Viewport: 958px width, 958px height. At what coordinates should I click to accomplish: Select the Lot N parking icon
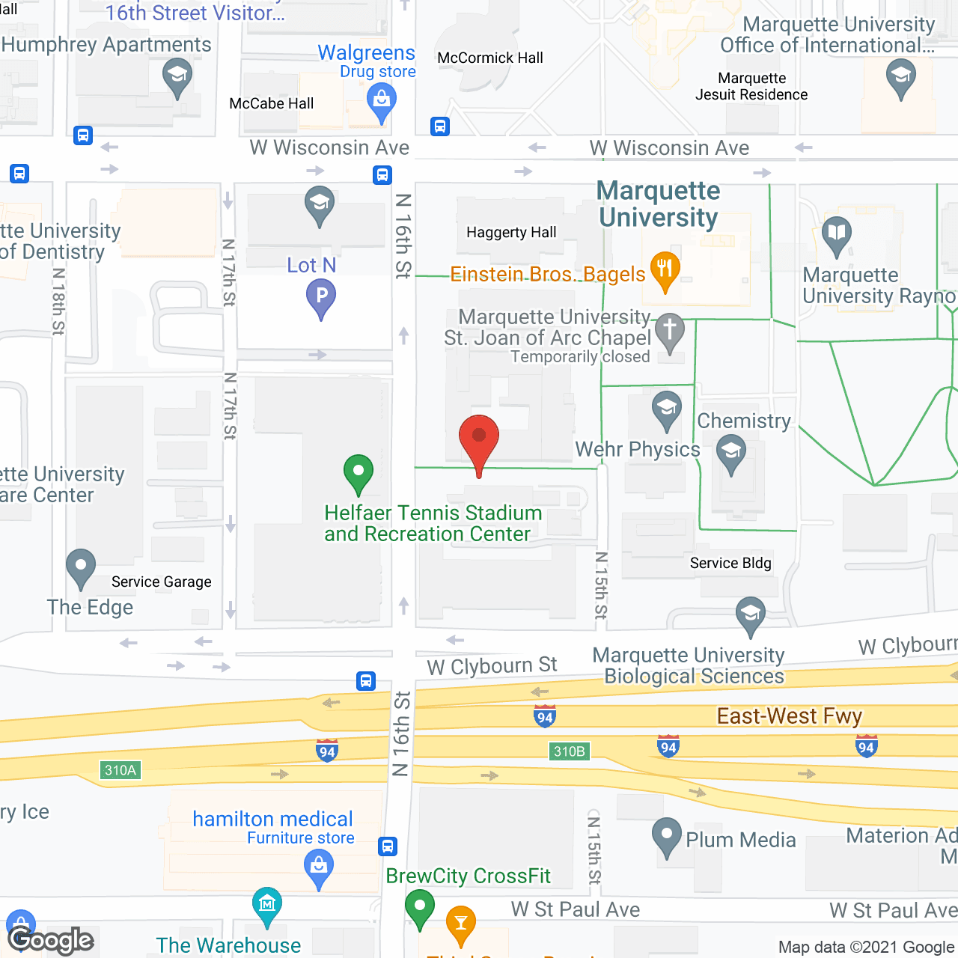(x=321, y=296)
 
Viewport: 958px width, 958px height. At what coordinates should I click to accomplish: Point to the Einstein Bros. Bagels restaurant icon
(x=665, y=270)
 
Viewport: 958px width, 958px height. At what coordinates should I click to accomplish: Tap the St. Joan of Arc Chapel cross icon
(x=670, y=332)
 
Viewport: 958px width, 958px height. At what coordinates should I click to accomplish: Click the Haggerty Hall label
(x=511, y=232)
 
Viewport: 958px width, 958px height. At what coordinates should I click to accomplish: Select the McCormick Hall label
(x=490, y=58)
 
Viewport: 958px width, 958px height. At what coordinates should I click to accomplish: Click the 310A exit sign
(x=120, y=770)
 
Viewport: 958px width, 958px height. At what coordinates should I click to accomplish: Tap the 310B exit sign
(x=569, y=751)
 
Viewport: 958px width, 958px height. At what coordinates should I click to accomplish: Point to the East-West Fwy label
(x=790, y=716)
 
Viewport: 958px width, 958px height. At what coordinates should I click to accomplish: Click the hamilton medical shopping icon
(x=320, y=869)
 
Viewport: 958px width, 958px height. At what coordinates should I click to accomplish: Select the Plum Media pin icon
(x=666, y=836)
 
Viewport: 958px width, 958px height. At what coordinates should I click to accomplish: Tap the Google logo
(x=51, y=940)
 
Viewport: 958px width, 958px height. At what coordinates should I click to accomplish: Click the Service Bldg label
(x=730, y=563)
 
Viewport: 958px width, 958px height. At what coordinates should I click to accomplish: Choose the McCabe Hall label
(x=272, y=103)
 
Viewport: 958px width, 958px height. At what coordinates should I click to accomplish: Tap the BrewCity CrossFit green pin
(x=420, y=907)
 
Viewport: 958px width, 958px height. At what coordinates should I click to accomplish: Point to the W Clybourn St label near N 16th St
(x=492, y=665)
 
